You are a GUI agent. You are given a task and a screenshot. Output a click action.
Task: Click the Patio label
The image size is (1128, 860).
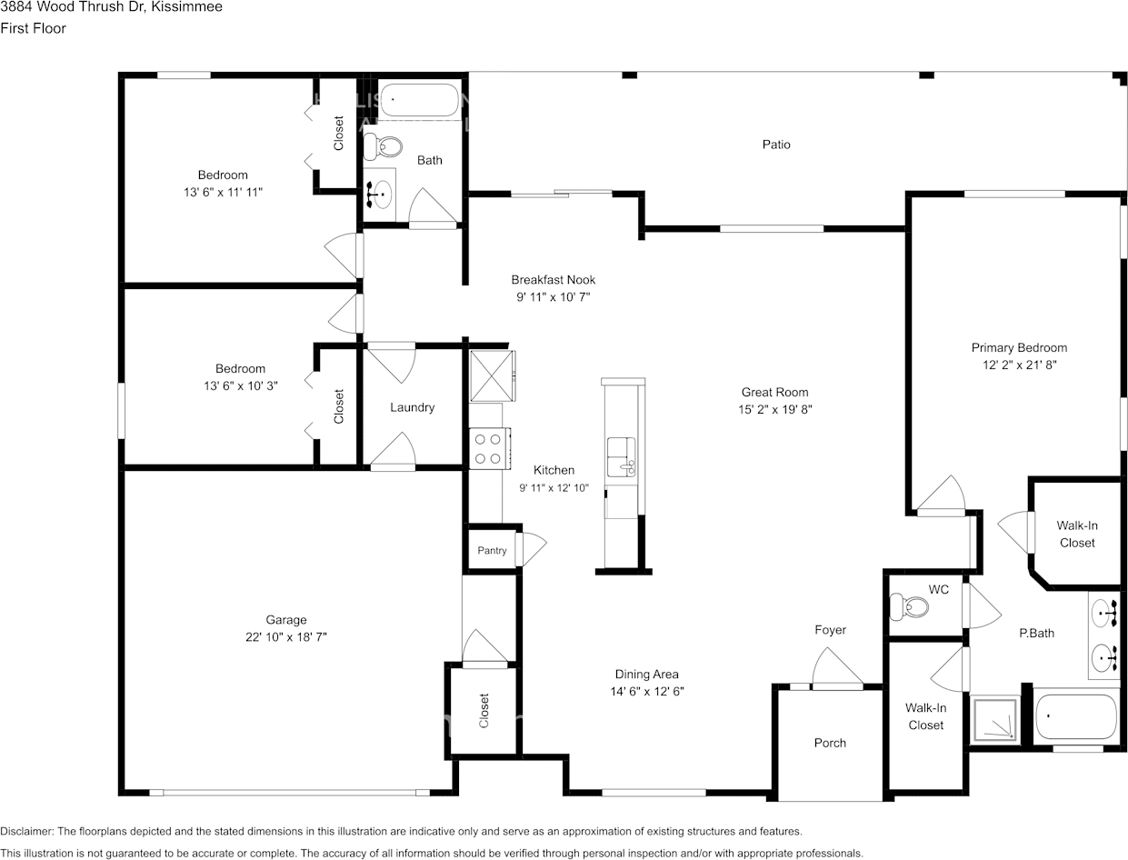(x=776, y=145)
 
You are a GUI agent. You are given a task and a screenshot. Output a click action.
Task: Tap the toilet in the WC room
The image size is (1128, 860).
(x=909, y=607)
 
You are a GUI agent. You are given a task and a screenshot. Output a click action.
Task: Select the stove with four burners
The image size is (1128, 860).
(x=490, y=448)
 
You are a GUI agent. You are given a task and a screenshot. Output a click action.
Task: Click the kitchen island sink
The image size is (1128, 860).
(x=622, y=456)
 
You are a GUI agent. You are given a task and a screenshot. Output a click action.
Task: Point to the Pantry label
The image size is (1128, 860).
(x=492, y=551)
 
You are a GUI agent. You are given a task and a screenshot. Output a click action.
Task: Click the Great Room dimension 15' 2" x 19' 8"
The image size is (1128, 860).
(x=775, y=409)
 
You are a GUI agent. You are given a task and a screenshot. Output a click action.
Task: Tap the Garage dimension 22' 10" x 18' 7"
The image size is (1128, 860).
(x=286, y=637)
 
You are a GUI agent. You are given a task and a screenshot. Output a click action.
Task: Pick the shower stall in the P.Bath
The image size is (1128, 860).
(x=993, y=720)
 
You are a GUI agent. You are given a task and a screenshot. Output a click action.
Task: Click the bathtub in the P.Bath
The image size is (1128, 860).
(x=1075, y=717)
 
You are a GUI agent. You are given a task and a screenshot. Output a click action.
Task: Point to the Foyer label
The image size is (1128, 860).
(x=830, y=630)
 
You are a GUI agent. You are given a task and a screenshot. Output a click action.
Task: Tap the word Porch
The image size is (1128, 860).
(x=830, y=743)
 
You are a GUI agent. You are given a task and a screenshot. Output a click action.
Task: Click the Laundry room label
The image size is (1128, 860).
(x=412, y=407)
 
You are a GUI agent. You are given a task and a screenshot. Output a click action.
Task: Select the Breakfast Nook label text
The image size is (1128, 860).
(x=553, y=280)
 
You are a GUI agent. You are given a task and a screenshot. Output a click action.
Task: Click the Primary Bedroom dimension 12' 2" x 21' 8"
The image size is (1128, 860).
(x=1020, y=365)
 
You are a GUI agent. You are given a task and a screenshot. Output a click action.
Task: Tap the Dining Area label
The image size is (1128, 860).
(x=646, y=674)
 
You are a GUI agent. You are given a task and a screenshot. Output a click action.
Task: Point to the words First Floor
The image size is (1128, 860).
(x=33, y=28)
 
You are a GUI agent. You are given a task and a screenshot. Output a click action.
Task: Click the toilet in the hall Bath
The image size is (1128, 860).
(x=383, y=147)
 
